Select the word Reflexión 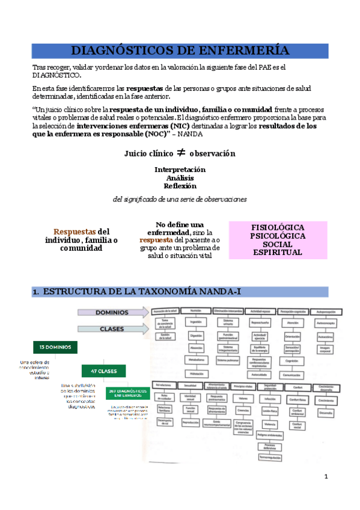pos(179,186)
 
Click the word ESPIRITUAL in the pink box pos(278,253)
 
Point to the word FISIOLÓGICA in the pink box pos(278,227)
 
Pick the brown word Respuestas pos(75,232)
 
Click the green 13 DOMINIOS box pos(55,348)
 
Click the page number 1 pos(326,477)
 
